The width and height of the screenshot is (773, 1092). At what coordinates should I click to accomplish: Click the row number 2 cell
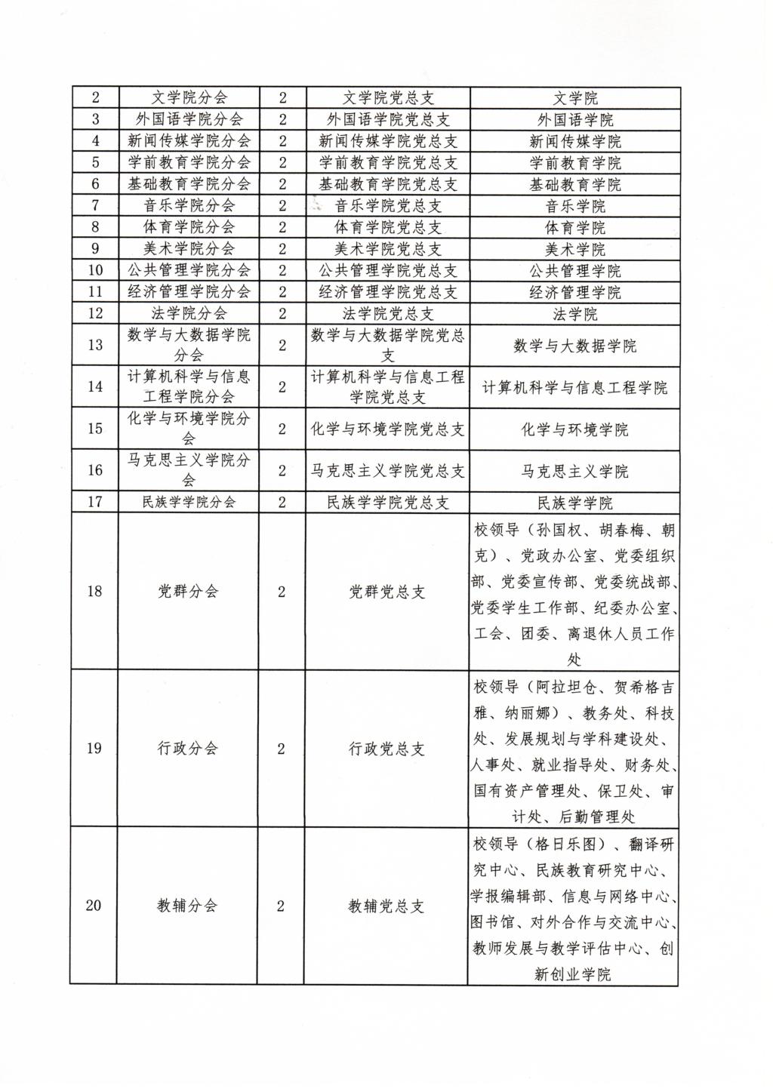pos(95,97)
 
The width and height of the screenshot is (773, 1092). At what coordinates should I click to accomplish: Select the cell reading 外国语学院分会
pos(189,119)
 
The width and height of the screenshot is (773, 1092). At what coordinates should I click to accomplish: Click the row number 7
pos(95,206)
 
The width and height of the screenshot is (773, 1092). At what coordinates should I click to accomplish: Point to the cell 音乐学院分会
pos(189,206)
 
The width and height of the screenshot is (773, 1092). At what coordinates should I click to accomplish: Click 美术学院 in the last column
pos(574,249)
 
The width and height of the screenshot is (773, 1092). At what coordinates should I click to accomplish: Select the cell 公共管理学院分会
pos(189,270)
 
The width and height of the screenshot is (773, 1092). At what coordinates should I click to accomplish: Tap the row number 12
pos(95,314)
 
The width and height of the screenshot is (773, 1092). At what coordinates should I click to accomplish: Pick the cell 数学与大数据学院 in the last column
pos(574,346)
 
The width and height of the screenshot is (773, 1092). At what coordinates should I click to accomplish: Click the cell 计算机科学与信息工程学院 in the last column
pos(574,388)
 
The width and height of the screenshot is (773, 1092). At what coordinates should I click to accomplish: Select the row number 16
pos(95,471)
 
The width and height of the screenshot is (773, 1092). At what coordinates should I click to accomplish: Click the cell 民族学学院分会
pos(189,503)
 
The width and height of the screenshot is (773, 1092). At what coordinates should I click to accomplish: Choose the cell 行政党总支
pos(386,749)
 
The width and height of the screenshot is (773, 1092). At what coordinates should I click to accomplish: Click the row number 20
pos(94,906)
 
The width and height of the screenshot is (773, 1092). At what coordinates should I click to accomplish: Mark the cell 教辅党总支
pos(386,906)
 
